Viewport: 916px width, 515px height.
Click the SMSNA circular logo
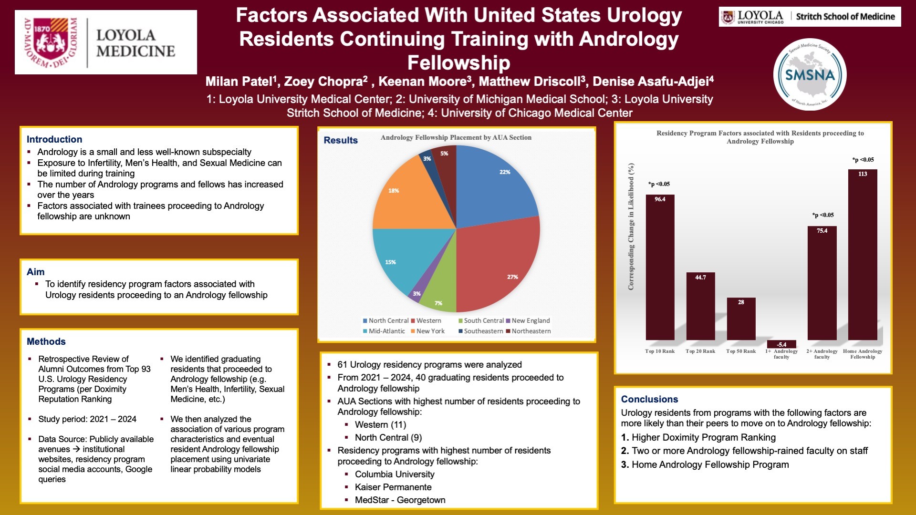coord(810,74)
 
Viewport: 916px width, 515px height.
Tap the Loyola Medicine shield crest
coord(50,41)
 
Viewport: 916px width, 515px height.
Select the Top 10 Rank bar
coord(660,267)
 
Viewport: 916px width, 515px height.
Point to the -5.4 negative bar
coord(781,344)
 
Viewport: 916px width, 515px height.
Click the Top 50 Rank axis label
coord(741,351)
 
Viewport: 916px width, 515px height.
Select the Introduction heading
coord(54,139)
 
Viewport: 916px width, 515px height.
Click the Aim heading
coord(36,272)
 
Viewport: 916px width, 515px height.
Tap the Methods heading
coord(46,341)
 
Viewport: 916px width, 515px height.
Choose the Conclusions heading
coord(649,399)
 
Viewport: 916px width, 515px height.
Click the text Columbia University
coord(395,474)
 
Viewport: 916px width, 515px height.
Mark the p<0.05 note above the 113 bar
coord(863,160)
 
